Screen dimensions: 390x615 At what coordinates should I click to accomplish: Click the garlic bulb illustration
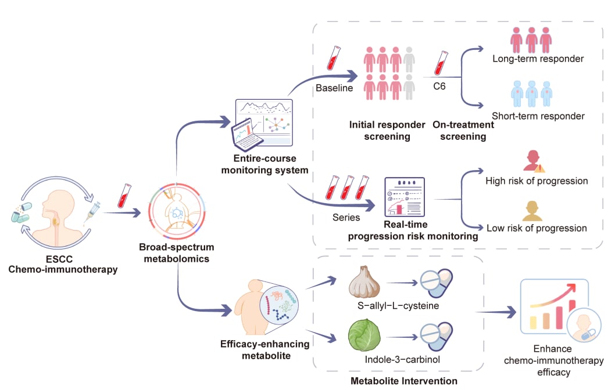click(364, 283)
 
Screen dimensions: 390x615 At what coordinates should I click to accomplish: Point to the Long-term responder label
click(538, 59)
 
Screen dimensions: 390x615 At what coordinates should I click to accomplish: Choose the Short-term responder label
click(538, 116)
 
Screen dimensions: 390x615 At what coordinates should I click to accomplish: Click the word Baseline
click(334, 88)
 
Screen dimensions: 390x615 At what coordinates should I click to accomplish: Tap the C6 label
click(441, 87)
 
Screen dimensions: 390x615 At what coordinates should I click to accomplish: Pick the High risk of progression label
click(537, 181)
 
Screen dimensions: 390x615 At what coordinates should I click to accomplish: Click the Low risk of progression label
click(536, 228)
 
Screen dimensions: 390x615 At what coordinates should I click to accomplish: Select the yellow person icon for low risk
click(535, 210)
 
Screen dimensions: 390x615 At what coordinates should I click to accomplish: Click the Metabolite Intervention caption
click(403, 381)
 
